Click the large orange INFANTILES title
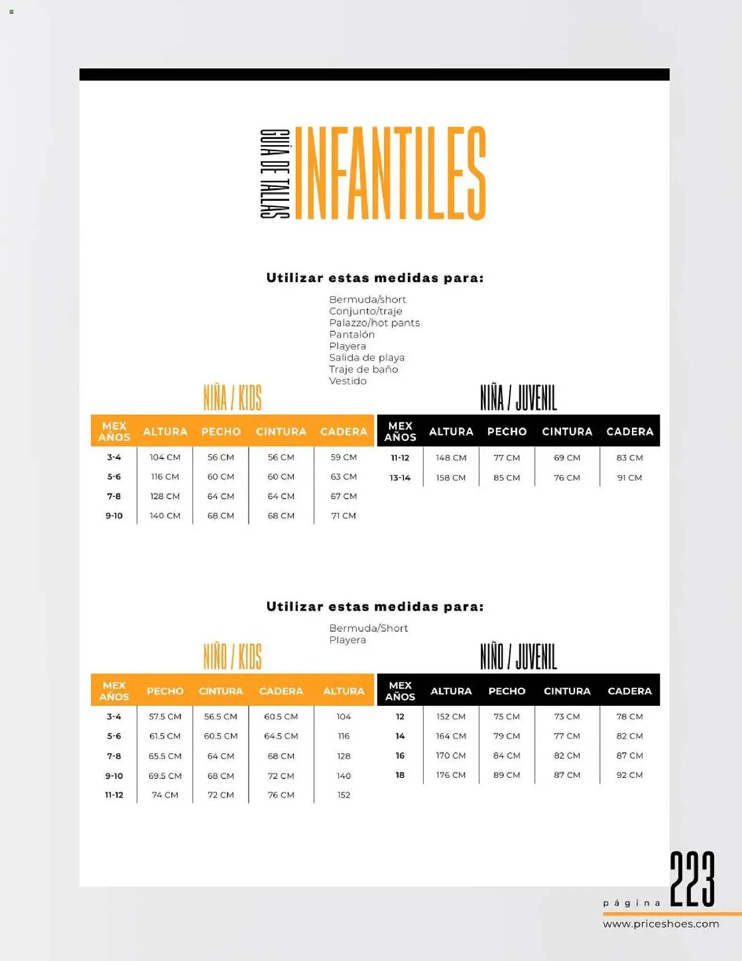390,173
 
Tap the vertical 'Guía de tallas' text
275,173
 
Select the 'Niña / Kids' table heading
232,398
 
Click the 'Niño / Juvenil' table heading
518,657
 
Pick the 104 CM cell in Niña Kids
165,457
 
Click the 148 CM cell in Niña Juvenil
451,458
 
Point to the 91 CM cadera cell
629,478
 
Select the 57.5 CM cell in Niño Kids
165,716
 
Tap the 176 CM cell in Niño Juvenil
451,775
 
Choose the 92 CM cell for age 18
629,775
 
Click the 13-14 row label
400,478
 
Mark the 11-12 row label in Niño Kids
114,795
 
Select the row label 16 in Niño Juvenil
400,755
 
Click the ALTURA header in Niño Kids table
343,691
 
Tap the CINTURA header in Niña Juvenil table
567,431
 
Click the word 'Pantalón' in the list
352,334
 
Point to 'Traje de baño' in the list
363,369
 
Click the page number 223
692,879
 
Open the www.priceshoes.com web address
661,924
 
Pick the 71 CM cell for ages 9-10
343,516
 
